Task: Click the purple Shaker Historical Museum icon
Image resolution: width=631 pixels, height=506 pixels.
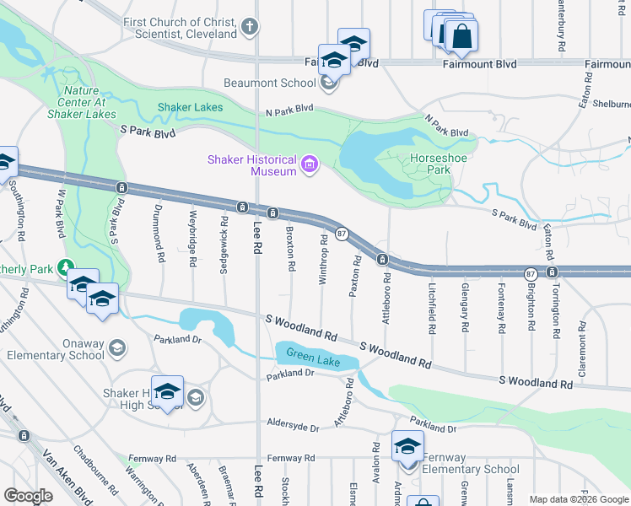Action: (x=309, y=164)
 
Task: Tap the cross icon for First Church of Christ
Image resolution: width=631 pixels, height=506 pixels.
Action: (x=249, y=27)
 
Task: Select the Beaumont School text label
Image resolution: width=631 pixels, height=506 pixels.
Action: (x=268, y=83)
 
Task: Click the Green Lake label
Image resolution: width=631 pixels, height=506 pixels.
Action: (x=313, y=356)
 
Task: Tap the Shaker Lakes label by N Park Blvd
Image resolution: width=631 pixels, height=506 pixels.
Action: (x=191, y=107)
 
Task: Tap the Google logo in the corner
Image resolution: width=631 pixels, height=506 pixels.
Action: (x=28, y=496)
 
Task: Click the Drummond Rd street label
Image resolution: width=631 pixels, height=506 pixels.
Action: (x=158, y=233)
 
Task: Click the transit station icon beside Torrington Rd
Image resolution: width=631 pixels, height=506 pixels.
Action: (x=552, y=272)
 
